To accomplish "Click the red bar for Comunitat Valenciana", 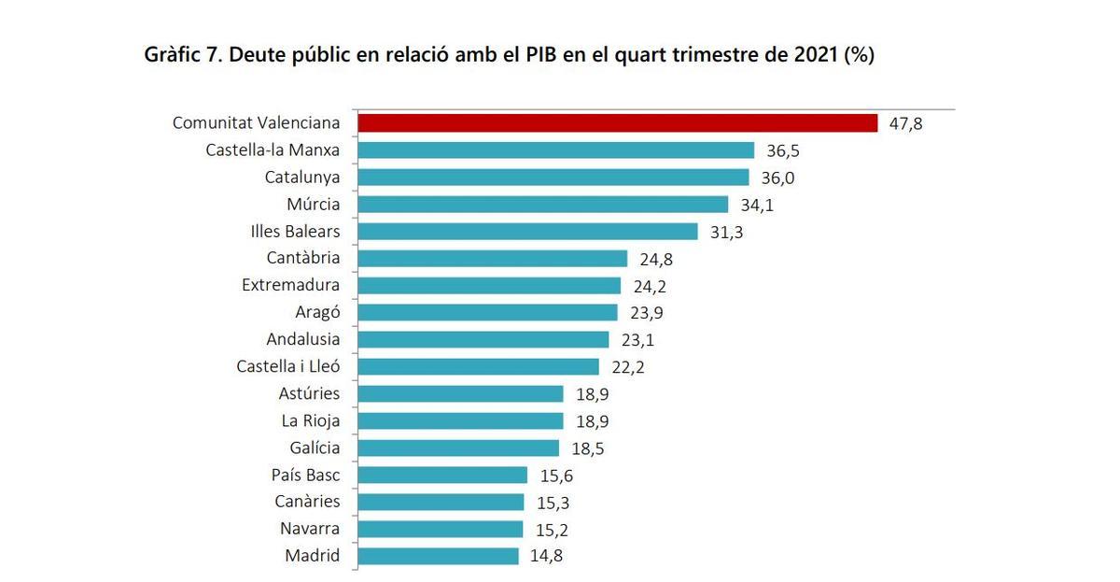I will click(617, 123).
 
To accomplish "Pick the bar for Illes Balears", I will click(527, 232).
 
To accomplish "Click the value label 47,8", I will click(905, 123).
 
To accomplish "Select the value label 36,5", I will click(782, 150).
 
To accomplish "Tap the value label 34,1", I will click(756, 205).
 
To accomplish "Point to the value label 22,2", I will click(626, 367).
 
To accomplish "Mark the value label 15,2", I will click(551, 530).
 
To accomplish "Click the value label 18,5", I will click(587, 448).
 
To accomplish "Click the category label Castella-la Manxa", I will click(273, 150).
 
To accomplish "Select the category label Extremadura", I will click(290, 285).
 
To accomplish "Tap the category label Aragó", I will click(317, 312).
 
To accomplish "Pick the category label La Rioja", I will click(310, 420).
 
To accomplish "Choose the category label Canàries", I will click(307, 502).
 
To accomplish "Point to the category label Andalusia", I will click(302, 339).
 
